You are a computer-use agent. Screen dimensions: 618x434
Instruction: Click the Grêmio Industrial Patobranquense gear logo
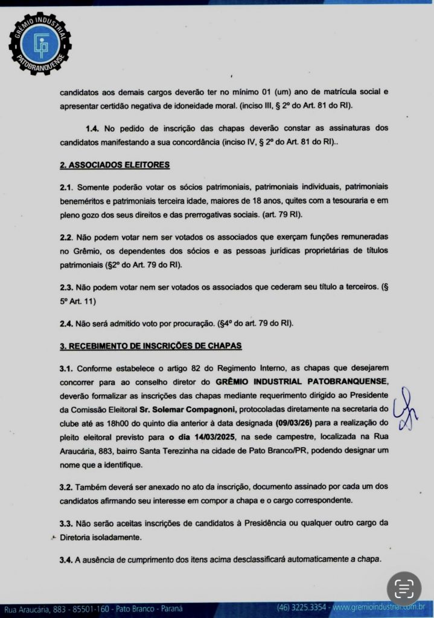[40, 43]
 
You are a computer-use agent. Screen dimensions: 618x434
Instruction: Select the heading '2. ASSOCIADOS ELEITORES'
[114, 164]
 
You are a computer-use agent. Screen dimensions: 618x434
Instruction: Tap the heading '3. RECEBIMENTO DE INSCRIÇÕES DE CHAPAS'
[150, 346]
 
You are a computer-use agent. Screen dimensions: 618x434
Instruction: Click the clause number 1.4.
[93, 129]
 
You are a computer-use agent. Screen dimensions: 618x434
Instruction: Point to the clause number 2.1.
[66, 187]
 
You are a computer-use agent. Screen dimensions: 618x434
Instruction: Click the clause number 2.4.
[66, 323]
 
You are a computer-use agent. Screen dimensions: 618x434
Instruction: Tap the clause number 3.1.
[66, 368]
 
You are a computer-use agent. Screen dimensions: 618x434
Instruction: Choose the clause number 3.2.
[66, 486]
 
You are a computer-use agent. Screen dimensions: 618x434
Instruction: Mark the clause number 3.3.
[66, 523]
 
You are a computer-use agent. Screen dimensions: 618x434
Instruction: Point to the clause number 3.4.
[66, 559]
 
